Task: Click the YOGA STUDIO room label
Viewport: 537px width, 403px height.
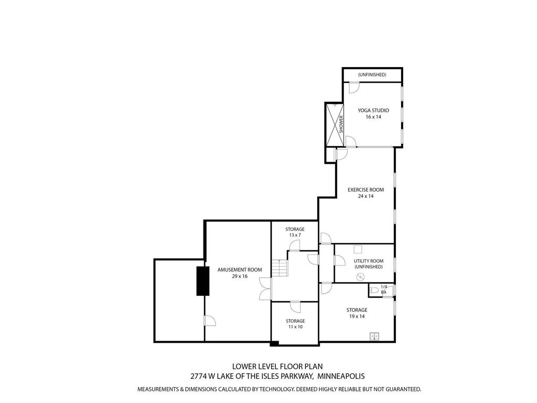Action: [x=373, y=110]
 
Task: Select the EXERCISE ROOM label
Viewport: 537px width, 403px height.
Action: [x=366, y=189]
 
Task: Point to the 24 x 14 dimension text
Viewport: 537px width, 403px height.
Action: [x=366, y=196]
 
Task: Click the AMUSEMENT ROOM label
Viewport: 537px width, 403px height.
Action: [x=240, y=270]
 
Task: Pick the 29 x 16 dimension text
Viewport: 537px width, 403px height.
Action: [x=240, y=277]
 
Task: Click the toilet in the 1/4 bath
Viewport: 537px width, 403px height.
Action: [x=374, y=290]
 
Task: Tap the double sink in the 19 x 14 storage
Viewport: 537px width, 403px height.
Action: [x=375, y=336]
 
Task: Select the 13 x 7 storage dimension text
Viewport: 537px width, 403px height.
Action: [x=295, y=235]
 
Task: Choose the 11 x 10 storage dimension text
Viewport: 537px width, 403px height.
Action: [x=295, y=327]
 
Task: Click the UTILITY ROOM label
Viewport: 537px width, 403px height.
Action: [x=368, y=261]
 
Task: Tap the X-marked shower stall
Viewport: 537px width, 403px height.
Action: [x=333, y=125]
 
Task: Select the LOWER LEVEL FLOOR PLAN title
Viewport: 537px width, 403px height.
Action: [x=277, y=366]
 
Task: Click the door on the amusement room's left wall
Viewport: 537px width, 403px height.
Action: [x=208, y=321]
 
